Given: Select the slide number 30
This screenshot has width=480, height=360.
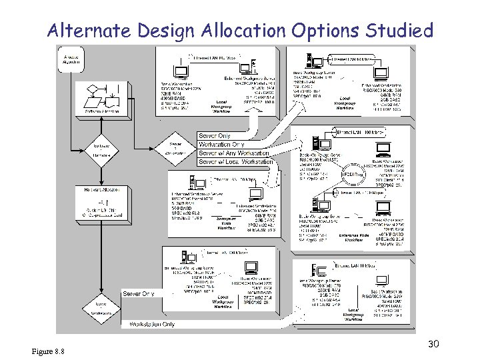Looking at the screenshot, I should pyautogui.click(x=433, y=343).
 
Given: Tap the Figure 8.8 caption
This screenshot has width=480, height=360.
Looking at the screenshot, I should pyautogui.click(x=47, y=351).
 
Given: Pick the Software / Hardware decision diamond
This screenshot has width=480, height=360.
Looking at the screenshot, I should pyautogui.click(x=102, y=149).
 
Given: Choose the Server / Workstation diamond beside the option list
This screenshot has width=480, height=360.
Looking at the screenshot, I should pyautogui.click(x=175, y=149).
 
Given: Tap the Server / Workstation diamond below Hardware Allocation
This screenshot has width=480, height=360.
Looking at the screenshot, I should pyautogui.click(x=102, y=308).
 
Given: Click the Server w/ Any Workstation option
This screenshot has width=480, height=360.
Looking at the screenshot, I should pyautogui.click(x=234, y=153).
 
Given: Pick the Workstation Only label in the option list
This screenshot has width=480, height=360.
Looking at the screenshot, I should pyautogui.click(x=222, y=145).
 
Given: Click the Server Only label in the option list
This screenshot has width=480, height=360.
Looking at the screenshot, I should pyautogui.click(x=215, y=136).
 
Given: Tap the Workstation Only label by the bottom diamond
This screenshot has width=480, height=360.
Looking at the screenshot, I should pyautogui.click(x=153, y=324).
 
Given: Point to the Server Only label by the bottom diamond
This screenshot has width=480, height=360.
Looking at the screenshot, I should pyautogui.click(x=139, y=293).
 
